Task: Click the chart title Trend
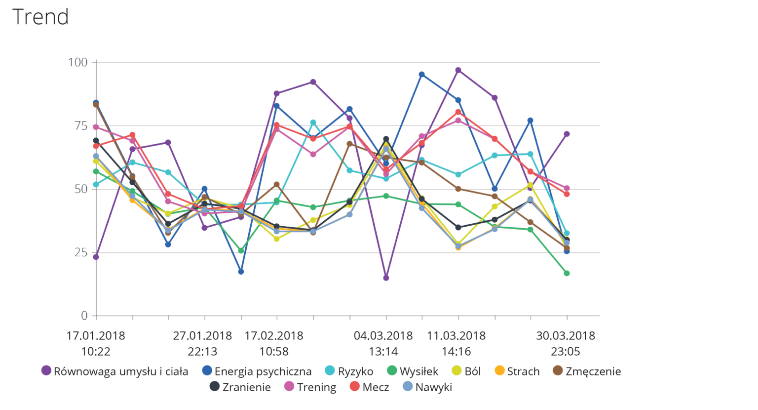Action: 40,17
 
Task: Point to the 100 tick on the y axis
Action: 77,62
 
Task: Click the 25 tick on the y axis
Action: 81,252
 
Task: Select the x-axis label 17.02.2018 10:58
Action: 274,343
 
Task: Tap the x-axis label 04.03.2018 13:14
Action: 383,343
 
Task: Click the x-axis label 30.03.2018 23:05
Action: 566,343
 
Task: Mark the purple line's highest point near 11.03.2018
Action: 458,71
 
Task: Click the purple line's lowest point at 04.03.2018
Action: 386,278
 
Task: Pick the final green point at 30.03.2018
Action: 567,273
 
